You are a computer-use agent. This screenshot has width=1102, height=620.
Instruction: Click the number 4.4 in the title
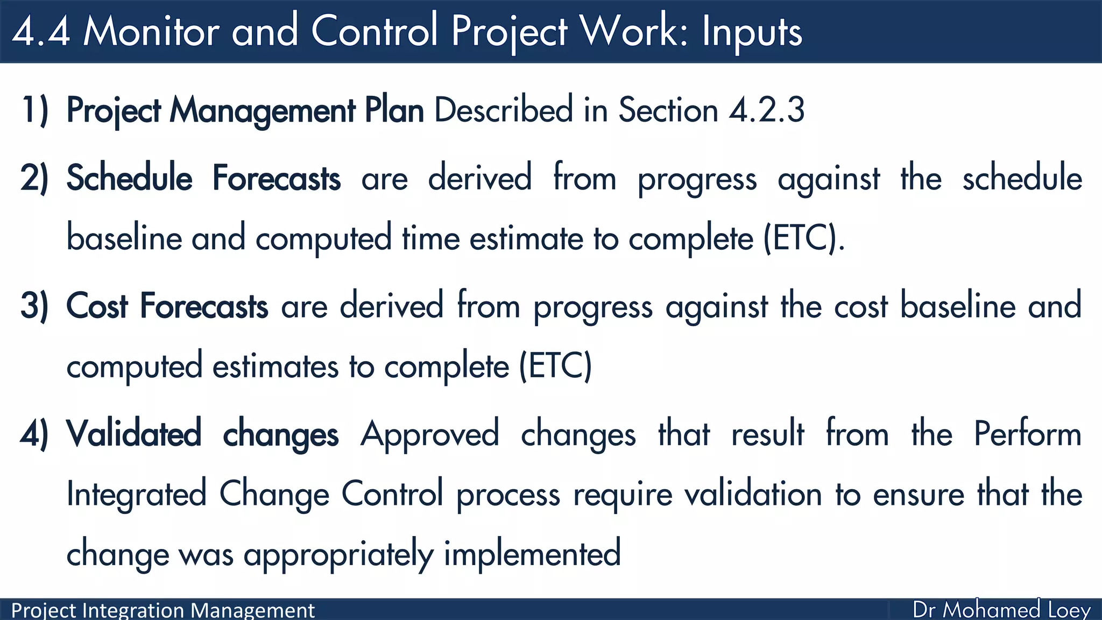point(41,31)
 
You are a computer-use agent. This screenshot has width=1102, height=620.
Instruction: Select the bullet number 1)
point(35,110)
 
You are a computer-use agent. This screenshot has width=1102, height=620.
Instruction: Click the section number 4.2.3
point(767,110)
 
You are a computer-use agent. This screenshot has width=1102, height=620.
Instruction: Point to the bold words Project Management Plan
point(245,111)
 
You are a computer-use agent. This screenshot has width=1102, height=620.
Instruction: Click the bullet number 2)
point(35,178)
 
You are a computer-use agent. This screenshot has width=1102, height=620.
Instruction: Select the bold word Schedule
point(129,178)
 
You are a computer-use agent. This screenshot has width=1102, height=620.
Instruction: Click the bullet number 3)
point(35,306)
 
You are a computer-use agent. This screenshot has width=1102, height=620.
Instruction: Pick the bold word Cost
point(97,306)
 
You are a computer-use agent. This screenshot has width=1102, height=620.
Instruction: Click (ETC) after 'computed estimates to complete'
point(555,366)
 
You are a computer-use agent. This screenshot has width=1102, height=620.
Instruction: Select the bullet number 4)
point(35,434)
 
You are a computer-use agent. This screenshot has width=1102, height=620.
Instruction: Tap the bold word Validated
point(133,434)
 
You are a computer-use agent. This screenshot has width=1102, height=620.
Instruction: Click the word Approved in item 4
point(430,434)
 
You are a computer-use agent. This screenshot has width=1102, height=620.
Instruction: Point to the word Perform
point(1028,434)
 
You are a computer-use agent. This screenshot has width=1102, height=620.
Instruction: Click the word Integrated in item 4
point(137,494)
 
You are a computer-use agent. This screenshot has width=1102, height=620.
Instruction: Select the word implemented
point(532,554)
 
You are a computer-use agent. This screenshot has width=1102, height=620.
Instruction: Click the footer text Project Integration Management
point(163,610)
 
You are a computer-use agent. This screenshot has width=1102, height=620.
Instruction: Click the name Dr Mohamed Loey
point(1001,610)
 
